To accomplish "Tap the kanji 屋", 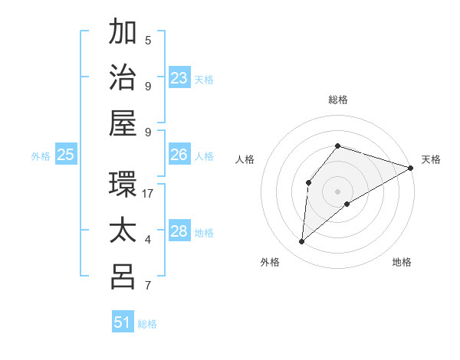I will (123, 123).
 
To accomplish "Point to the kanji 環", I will (123, 185).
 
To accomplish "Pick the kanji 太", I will (123, 231).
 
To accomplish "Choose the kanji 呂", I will (123, 277).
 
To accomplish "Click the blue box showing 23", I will (179, 77).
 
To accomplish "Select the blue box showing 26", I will (179, 155).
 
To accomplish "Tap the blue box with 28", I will (179, 231).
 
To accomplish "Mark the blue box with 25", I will (66, 155).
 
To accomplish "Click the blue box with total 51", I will (123, 322).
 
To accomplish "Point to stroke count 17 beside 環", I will (149, 194).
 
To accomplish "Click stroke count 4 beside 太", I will (148, 240).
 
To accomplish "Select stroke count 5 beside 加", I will (148, 40).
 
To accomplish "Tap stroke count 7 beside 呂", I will (148, 286).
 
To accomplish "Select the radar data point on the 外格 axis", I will (302, 242).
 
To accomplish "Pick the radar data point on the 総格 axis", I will (337, 146).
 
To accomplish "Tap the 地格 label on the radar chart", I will (402, 263).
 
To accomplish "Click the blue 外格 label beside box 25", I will (41, 156).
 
